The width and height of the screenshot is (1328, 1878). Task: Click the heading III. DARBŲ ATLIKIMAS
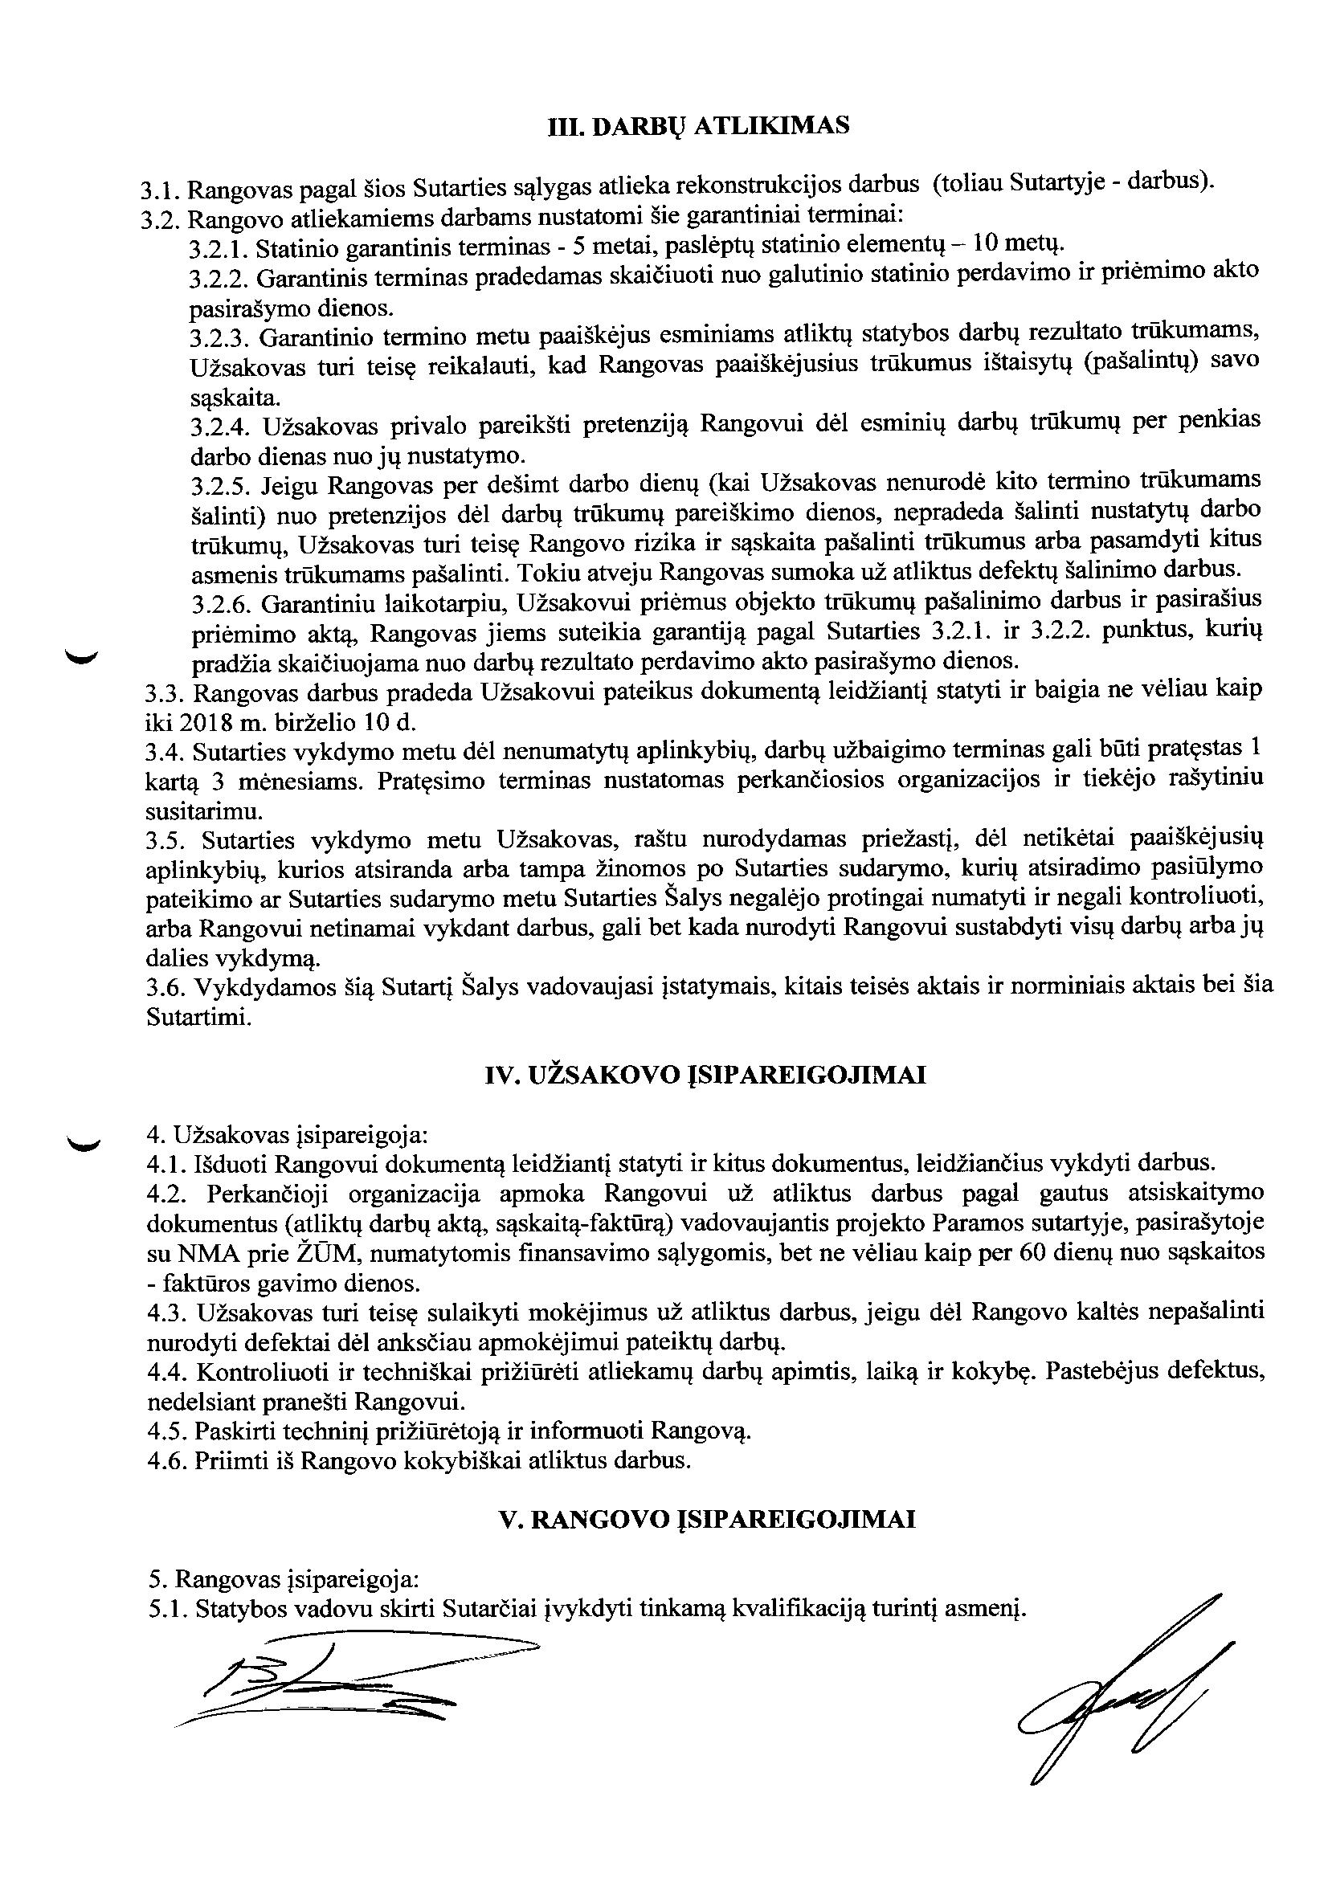[x=697, y=126]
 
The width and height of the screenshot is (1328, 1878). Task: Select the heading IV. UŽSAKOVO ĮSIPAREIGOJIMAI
[x=705, y=1075]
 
